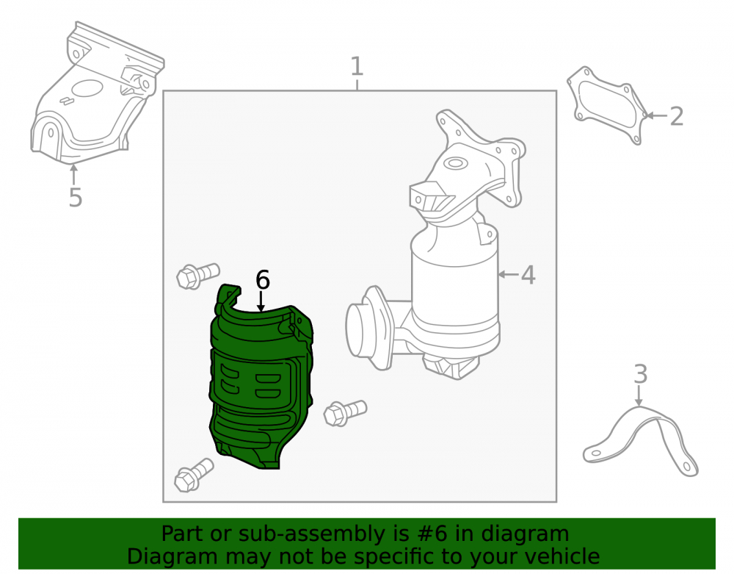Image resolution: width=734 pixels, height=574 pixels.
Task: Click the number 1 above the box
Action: (x=357, y=66)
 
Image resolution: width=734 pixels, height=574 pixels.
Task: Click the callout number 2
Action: (x=677, y=116)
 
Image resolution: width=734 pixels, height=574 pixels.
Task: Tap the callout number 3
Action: (x=640, y=374)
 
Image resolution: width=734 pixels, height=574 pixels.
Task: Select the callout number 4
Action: (x=528, y=275)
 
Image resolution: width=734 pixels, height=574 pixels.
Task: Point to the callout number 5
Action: (x=76, y=198)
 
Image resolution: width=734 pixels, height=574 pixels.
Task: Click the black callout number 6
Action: (x=263, y=280)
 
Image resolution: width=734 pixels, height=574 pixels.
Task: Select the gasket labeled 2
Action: (x=607, y=105)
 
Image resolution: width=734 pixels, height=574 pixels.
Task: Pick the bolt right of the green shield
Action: (x=345, y=412)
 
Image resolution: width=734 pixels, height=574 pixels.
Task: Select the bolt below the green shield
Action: (x=194, y=475)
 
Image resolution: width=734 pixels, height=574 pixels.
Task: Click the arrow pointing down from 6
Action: (x=261, y=301)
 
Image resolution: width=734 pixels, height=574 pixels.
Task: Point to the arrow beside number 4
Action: (x=508, y=275)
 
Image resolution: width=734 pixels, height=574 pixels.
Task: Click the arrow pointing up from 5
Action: (x=73, y=174)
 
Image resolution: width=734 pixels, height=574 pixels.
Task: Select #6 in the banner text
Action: (x=432, y=534)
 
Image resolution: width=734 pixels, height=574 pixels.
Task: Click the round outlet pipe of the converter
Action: (x=368, y=327)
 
